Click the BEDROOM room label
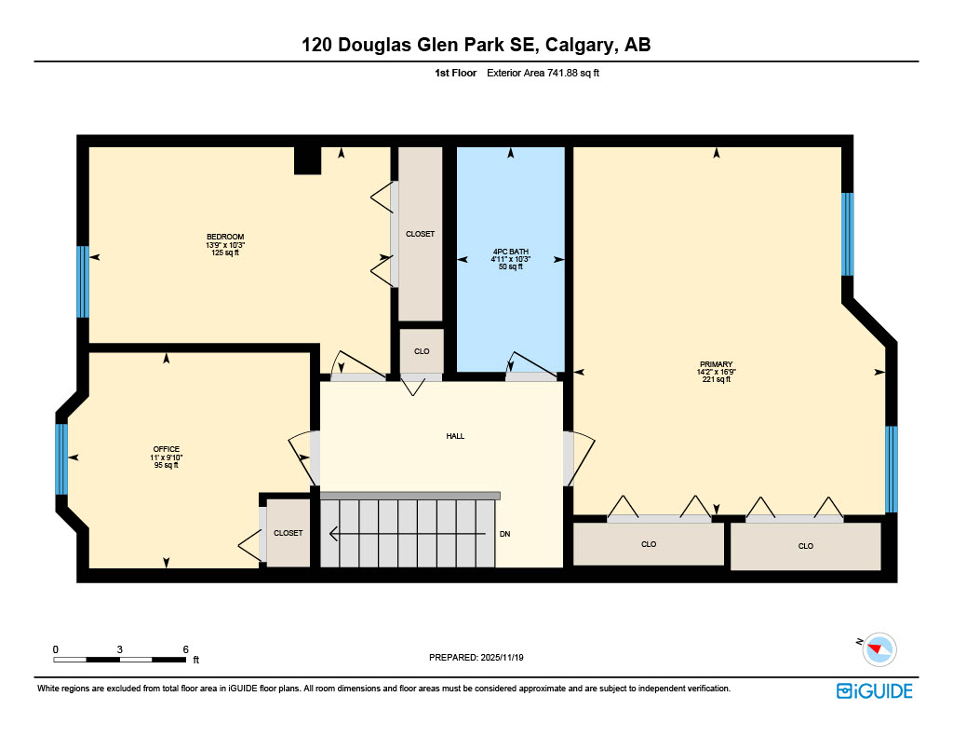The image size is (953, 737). pyautogui.click(x=225, y=237)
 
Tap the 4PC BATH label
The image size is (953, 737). pyautogui.click(x=510, y=252)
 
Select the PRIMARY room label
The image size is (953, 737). pyautogui.click(x=716, y=364)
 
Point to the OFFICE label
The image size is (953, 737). pyautogui.click(x=167, y=449)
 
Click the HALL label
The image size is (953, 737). pyautogui.click(x=455, y=436)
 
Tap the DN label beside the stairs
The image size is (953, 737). pyautogui.click(x=504, y=534)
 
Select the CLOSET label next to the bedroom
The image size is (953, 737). pyautogui.click(x=420, y=234)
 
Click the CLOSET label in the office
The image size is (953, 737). pyautogui.click(x=288, y=533)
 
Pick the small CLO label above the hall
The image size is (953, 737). pyautogui.click(x=422, y=351)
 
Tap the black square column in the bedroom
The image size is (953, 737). pyautogui.click(x=307, y=160)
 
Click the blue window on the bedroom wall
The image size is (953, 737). pyautogui.click(x=83, y=281)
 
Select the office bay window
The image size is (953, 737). pyautogui.click(x=61, y=458)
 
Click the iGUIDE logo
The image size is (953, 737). pyautogui.click(x=874, y=690)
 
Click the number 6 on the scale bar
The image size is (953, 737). pyautogui.click(x=185, y=649)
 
